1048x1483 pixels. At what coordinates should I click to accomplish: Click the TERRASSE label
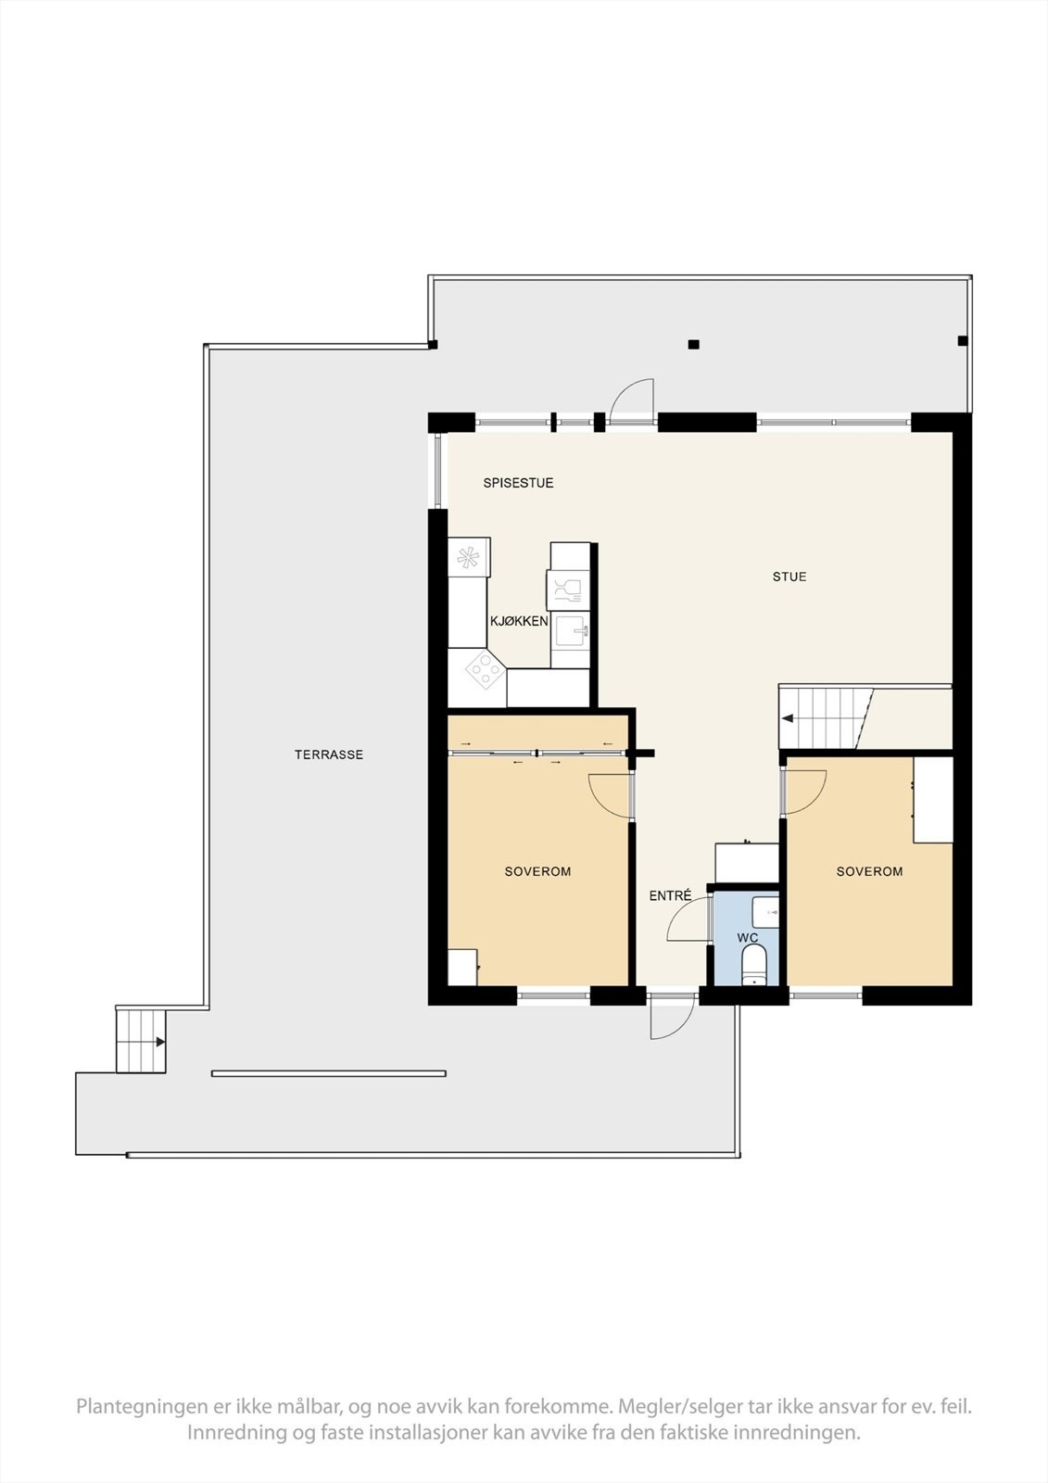[329, 754]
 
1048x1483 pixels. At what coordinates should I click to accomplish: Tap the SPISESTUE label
[518, 483]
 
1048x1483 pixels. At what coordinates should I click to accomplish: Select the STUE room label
[789, 577]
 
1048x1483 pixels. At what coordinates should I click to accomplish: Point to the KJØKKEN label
[519, 621]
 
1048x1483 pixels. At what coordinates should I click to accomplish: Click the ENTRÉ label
[670, 896]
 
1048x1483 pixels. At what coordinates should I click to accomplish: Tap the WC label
[748, 938]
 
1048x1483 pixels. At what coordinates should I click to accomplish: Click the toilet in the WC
[753, 964]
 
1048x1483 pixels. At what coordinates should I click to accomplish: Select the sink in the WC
[764, 912]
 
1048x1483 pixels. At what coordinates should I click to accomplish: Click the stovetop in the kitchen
[484, 669]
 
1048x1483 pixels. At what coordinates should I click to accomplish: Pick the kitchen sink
[571, 633]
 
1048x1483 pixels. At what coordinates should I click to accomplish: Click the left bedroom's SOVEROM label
[537, 871]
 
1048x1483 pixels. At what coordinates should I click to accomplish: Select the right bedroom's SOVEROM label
[869, 871]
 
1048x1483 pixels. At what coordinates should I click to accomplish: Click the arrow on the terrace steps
[160, 1042]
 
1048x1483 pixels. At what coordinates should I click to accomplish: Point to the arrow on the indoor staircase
[788, 718]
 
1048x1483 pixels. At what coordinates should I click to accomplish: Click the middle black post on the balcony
[693, 345]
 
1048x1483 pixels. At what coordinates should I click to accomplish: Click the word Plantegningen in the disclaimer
[143, 1406]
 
